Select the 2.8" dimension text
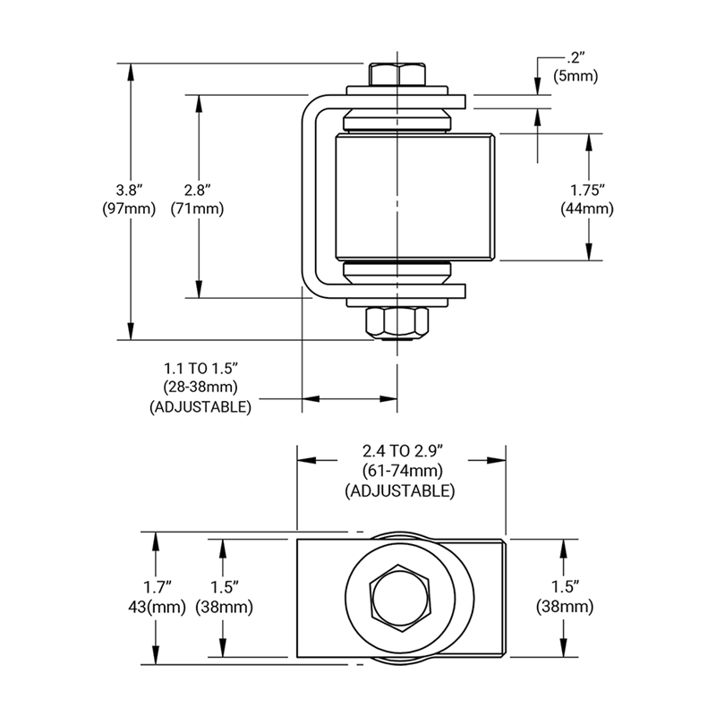(198, 190)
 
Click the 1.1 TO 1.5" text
(200, 369)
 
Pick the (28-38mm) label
(200, 388)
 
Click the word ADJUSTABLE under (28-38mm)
(200, 406)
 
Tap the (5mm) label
(575, 77)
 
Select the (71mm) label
(198, 209)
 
